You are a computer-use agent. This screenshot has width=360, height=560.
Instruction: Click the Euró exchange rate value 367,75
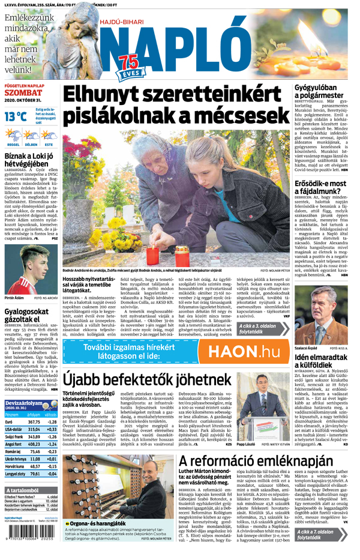click(x=34, y=422)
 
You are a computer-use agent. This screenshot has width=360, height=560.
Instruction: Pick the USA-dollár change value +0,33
click(x=52, y=430)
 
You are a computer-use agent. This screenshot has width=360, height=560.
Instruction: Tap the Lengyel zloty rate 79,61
click(x=34, y=474)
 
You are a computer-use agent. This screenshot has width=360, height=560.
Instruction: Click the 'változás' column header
click(x=51, y=414)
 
